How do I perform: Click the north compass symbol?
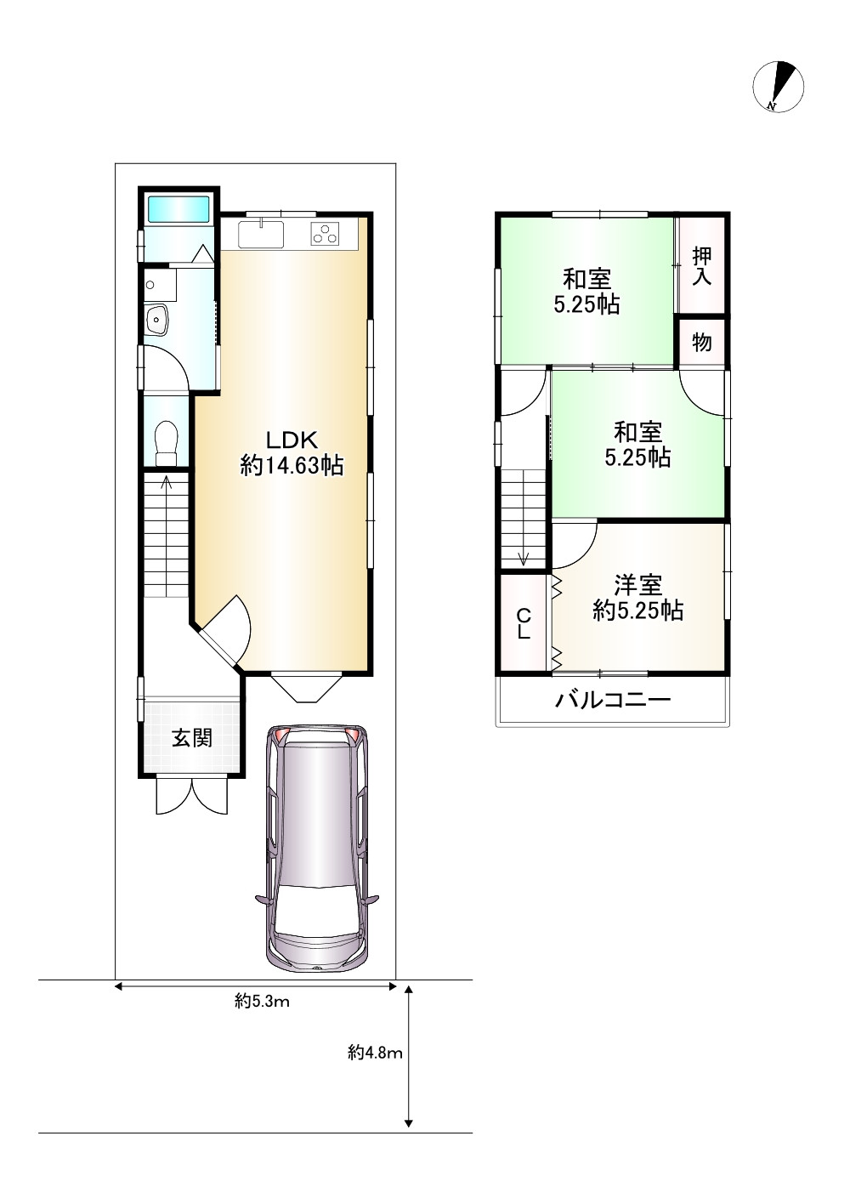tap(778, 87)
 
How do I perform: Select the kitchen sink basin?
tap(261, 235)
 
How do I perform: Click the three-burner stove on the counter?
tap(326, 233)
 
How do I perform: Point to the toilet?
tap(166, 442)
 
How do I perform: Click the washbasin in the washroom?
tap(156, 320)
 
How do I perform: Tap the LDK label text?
tap(292, 440)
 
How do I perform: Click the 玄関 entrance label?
tap(192, 738)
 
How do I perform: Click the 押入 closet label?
tap(702, 266)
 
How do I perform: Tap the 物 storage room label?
tap(702, 343)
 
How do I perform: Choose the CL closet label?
tap(524, 623)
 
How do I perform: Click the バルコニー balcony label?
tap(613, 700)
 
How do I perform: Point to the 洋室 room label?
tap(637, 585)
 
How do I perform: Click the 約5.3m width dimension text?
tap(262, 1002)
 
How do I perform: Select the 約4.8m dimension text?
tap(375, 1067)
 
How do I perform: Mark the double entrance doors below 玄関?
tap(192, 795)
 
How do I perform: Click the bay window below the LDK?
tap(306, 687)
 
